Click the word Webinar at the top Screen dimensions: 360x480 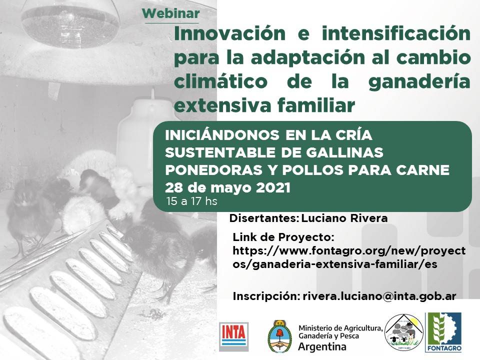click(170, 13)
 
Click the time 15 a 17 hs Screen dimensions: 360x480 click(192, 202)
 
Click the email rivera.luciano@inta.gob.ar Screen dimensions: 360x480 click(379, 296)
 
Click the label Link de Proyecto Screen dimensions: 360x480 click(283, 236)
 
